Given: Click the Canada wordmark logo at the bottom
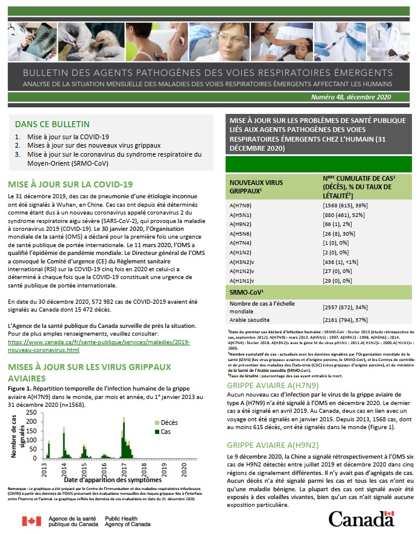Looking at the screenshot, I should (x=361, y=517).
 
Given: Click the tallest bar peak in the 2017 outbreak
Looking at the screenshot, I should (x=124, y=424).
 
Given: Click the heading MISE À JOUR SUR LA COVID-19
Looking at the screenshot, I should (x=70, y=184).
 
